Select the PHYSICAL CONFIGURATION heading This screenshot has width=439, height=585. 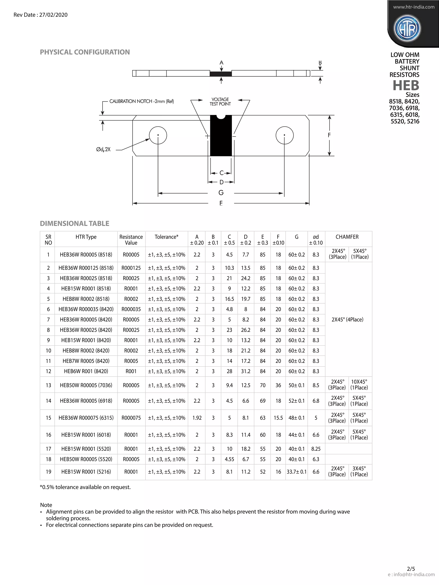85,52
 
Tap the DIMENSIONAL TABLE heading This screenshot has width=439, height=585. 74,223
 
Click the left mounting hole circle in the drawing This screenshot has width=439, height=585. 158,135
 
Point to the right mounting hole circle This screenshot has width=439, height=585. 284,135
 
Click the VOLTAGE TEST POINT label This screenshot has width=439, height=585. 220,102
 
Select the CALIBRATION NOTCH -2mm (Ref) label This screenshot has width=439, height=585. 141,101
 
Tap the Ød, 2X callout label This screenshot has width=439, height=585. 103,150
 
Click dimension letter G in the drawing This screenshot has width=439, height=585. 221,193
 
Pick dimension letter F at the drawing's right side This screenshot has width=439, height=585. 329,135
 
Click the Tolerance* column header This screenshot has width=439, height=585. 166,237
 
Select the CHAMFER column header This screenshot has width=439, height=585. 347,237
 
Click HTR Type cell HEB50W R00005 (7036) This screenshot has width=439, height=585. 86,385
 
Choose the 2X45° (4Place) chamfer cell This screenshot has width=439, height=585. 347,319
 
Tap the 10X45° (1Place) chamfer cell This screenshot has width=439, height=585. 359,385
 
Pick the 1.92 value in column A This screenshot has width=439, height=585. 197,418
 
